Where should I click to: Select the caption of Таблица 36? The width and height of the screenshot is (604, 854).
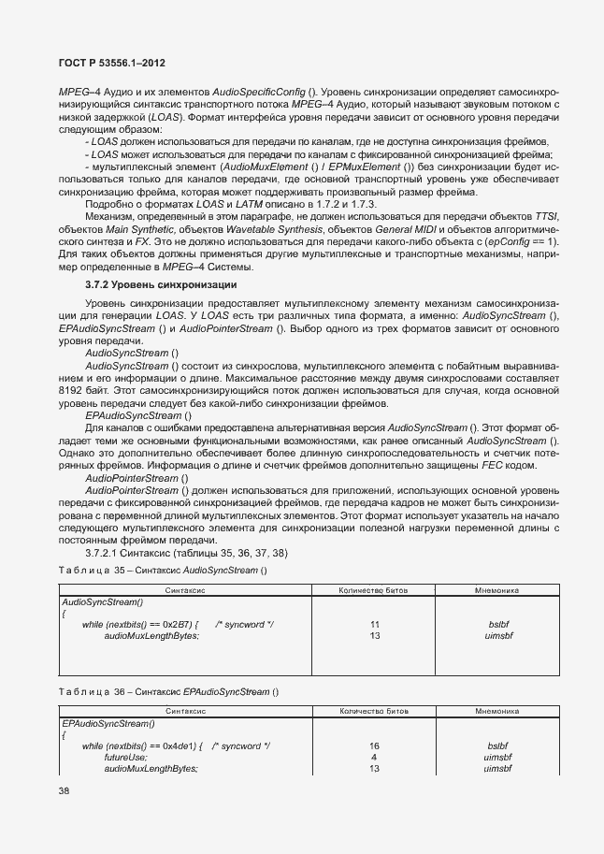point(169,691)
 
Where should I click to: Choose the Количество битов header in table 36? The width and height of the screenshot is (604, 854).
point(373,712)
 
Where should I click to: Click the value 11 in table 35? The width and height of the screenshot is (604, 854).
point(374,624)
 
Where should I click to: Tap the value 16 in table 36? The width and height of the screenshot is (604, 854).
point(374,745)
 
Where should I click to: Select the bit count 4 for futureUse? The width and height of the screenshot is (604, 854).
point(374,757)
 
